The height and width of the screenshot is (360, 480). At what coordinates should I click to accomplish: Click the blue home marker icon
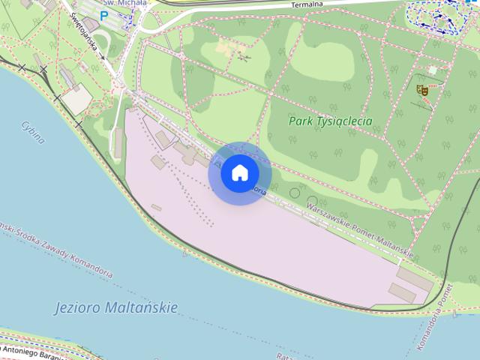[239, 173]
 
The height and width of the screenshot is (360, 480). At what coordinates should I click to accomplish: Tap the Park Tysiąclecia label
[331, 121]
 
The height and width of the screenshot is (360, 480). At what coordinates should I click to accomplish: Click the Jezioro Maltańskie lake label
[116, 307]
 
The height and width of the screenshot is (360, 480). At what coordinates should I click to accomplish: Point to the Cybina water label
[33, 132]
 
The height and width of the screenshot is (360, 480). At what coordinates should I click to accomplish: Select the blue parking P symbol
[104, 15]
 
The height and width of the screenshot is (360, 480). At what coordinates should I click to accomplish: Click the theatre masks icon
[422, 90]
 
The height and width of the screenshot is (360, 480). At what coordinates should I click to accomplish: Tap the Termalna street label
[307, 5]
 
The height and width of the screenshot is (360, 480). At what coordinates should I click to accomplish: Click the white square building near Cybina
[77, 100]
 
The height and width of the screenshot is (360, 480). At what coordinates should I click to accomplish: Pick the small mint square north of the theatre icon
[432, 70]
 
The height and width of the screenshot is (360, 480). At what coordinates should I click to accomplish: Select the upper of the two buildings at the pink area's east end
[414, 279]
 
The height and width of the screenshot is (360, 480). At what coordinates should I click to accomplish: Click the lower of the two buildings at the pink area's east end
[403, 293]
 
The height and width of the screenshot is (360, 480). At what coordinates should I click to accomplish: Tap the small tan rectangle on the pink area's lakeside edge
[156, 207]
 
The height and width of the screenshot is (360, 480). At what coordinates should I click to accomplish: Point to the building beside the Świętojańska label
[91, 25]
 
